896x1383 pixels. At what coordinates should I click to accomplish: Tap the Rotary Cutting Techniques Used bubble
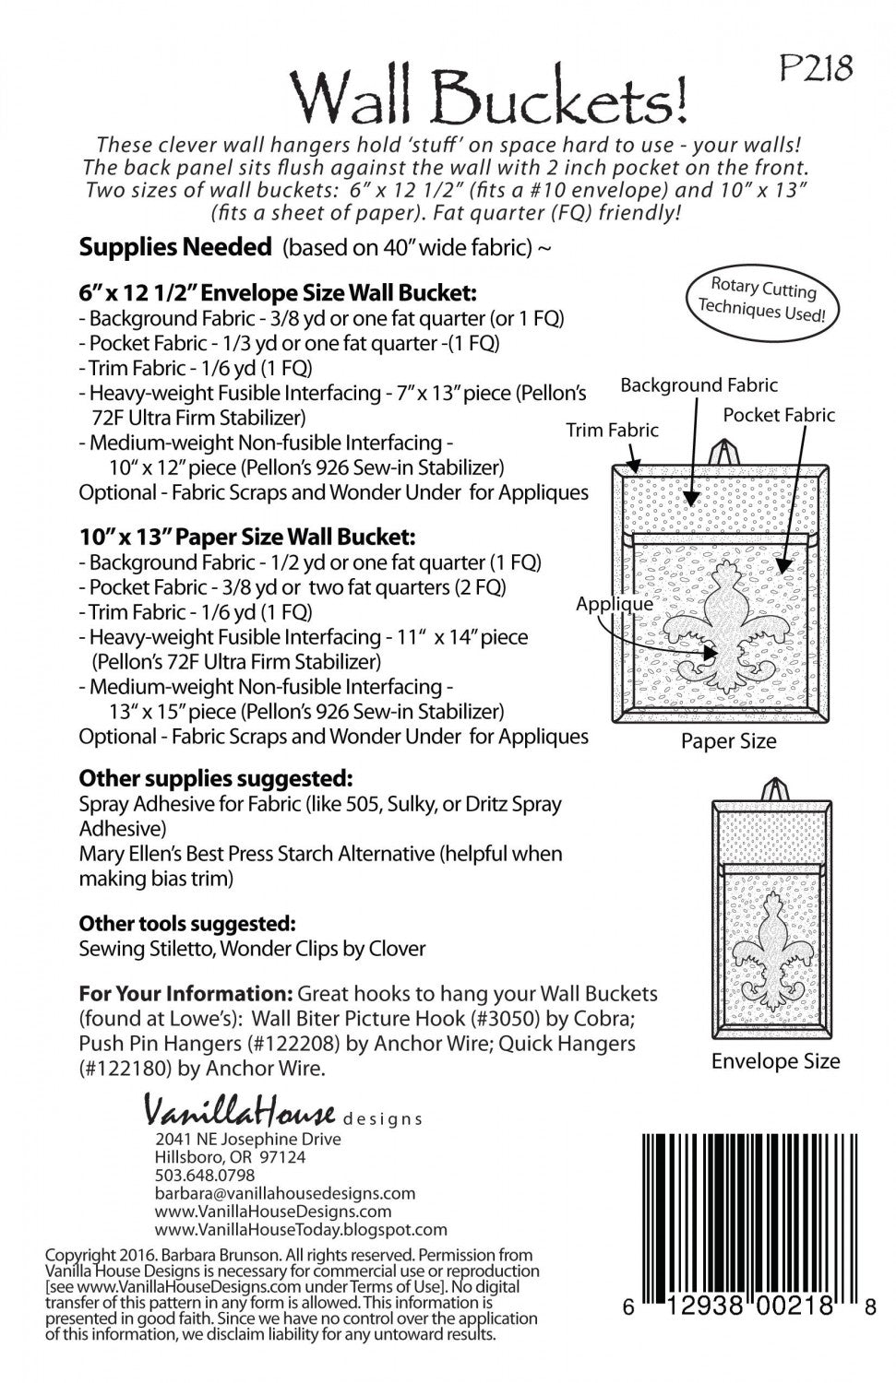point(762,299)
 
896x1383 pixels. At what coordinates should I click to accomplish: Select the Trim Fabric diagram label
point(613,430)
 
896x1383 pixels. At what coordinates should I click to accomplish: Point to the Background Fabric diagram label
point(699,385)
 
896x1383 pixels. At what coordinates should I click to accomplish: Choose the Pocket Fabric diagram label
point(779,415)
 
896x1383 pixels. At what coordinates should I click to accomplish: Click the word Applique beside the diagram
point(615,604)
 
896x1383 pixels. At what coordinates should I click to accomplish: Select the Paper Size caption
point(728,741)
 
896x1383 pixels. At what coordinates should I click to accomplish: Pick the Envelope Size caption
point(775,1061)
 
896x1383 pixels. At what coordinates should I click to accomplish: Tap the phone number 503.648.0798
point(205,1175)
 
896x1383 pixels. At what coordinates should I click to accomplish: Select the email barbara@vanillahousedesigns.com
point(285,1193)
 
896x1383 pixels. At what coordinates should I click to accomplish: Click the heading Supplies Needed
point(175,247)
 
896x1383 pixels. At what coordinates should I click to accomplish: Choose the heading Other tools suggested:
point(187,923)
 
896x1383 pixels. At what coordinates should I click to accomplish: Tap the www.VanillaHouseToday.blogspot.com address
point(301,1229)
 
